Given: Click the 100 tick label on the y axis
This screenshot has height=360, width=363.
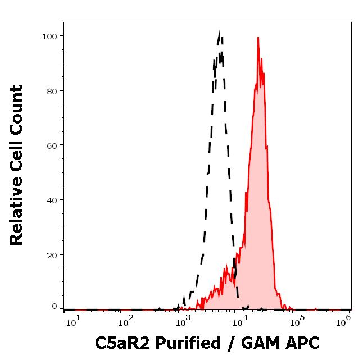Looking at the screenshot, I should [49, 36].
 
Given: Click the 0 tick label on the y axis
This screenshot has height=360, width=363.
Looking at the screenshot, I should [55, 307].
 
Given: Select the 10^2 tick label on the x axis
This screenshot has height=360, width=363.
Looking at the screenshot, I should [126, 321].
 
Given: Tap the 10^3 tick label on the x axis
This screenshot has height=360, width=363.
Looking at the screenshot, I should [183, 321].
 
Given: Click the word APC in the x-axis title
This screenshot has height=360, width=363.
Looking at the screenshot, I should [303, 342].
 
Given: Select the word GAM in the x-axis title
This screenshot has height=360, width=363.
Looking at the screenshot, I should [262, 342].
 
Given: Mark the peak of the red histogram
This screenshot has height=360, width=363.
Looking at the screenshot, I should [258, 38].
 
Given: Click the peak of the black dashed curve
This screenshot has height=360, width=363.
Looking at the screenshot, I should [219, 34].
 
